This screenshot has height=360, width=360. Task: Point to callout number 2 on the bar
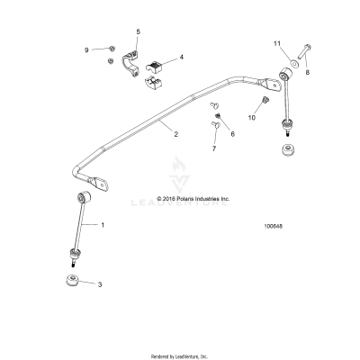click(175, 134)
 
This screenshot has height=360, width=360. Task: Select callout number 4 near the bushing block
click(182, 57)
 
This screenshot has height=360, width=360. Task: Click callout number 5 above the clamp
click(138, 32)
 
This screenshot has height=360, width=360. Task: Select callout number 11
click(278, 42)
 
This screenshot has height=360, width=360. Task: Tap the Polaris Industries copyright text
click(193, 199)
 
